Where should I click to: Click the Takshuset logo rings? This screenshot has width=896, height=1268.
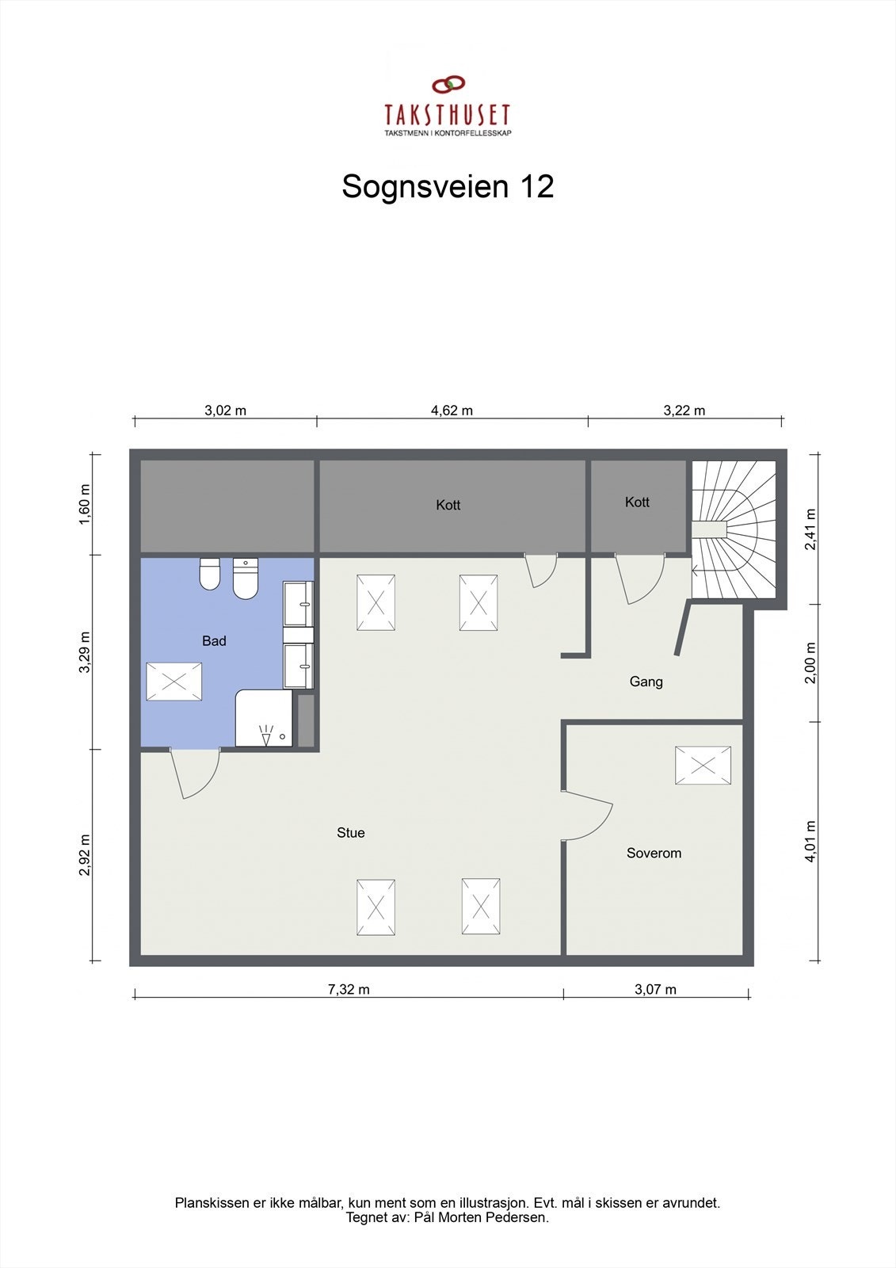tap(448, 83)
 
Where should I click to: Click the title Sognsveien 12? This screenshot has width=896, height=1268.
tap(448, 187)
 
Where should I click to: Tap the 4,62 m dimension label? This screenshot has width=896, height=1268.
tap(452, 410)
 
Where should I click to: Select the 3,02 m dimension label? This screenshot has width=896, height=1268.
tap(225, 410)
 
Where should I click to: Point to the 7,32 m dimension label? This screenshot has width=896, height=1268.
tap(349, 989)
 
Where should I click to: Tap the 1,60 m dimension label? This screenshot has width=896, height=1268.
tap(85, 503)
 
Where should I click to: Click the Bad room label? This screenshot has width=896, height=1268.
tap(214, 640)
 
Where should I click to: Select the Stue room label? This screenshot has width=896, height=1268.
tap(350, 832)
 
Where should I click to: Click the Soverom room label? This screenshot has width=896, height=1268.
tap(654, 853)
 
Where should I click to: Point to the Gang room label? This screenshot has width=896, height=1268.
tap(646, 681)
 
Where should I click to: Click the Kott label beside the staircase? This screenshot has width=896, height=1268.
tap(637, 502)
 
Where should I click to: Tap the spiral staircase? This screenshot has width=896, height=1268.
tap(734, 529)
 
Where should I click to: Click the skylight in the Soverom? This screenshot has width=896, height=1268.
tap(703, 766)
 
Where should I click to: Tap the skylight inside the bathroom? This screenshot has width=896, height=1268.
tap(174, 682)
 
